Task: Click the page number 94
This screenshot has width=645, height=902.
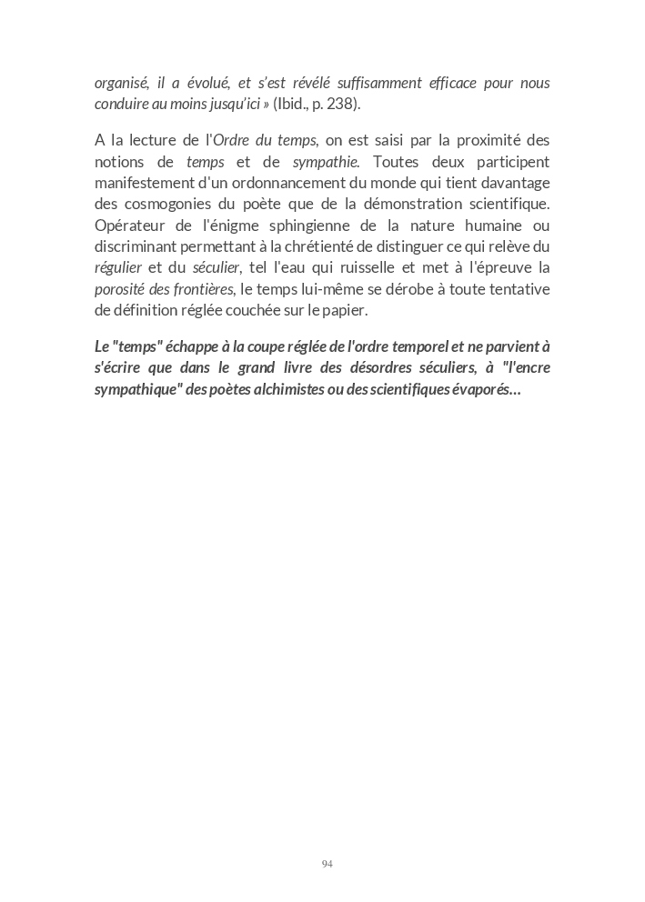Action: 328,864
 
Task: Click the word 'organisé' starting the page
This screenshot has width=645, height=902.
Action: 122,84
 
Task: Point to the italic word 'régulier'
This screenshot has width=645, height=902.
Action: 118,268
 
